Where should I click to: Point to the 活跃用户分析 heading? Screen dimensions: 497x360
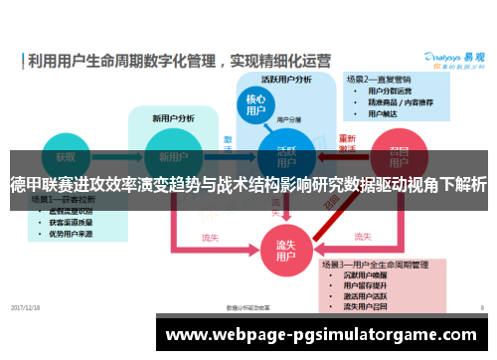point(285,80)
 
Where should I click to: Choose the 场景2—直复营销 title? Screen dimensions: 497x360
point(379,78)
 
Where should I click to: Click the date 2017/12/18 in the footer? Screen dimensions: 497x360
point(26,307)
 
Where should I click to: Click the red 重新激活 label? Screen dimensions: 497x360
point(348,143)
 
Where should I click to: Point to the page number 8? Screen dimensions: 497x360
point(481,307)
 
